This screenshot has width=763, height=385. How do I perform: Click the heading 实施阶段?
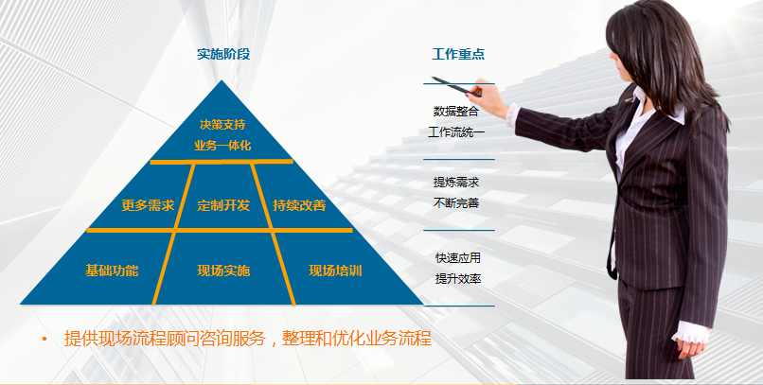pos(223,54)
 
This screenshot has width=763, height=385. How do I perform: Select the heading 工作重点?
pos(458,54)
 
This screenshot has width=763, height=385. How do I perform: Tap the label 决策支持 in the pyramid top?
pos(222,125)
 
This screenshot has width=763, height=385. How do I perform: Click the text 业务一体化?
pos(222,146)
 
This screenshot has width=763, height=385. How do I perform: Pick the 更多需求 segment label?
pos(148,205)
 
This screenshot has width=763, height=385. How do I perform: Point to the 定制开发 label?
pos(223,205)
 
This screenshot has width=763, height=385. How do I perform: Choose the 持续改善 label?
pos(299,205)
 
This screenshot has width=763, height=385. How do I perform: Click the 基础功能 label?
pos(112,271)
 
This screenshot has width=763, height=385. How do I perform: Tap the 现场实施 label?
pos(223,271)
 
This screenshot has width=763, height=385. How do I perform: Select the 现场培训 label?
pos(335,271)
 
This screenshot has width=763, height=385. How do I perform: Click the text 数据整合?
pos(456,112)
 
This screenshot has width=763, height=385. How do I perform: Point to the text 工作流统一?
pos(456,131)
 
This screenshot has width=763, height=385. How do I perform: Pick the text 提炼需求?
pos(456,183)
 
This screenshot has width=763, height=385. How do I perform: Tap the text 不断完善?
pos(456,202)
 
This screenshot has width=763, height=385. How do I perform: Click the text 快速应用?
pos(458,257)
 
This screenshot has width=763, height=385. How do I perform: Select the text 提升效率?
pos(458,279)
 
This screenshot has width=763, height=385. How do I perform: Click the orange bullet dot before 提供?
pos(44,339)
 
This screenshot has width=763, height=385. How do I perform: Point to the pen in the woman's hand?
pos(456,86)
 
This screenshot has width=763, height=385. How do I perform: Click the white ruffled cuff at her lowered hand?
pos(691,333)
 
